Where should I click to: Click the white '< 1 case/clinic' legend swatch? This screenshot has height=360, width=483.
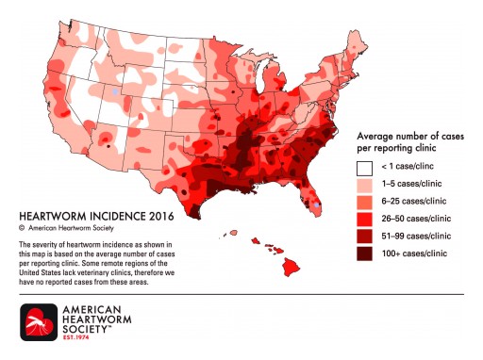point(363,169)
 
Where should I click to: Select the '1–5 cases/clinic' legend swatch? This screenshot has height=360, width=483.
point(363,186)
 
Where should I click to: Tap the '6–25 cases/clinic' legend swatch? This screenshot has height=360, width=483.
point(363,202)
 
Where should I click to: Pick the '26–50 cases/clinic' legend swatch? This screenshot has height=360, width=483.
point(363,219)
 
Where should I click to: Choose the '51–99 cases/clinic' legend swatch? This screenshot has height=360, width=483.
point(363,236)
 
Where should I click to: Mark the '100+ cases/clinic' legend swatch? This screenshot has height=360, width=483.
point(363,252)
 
